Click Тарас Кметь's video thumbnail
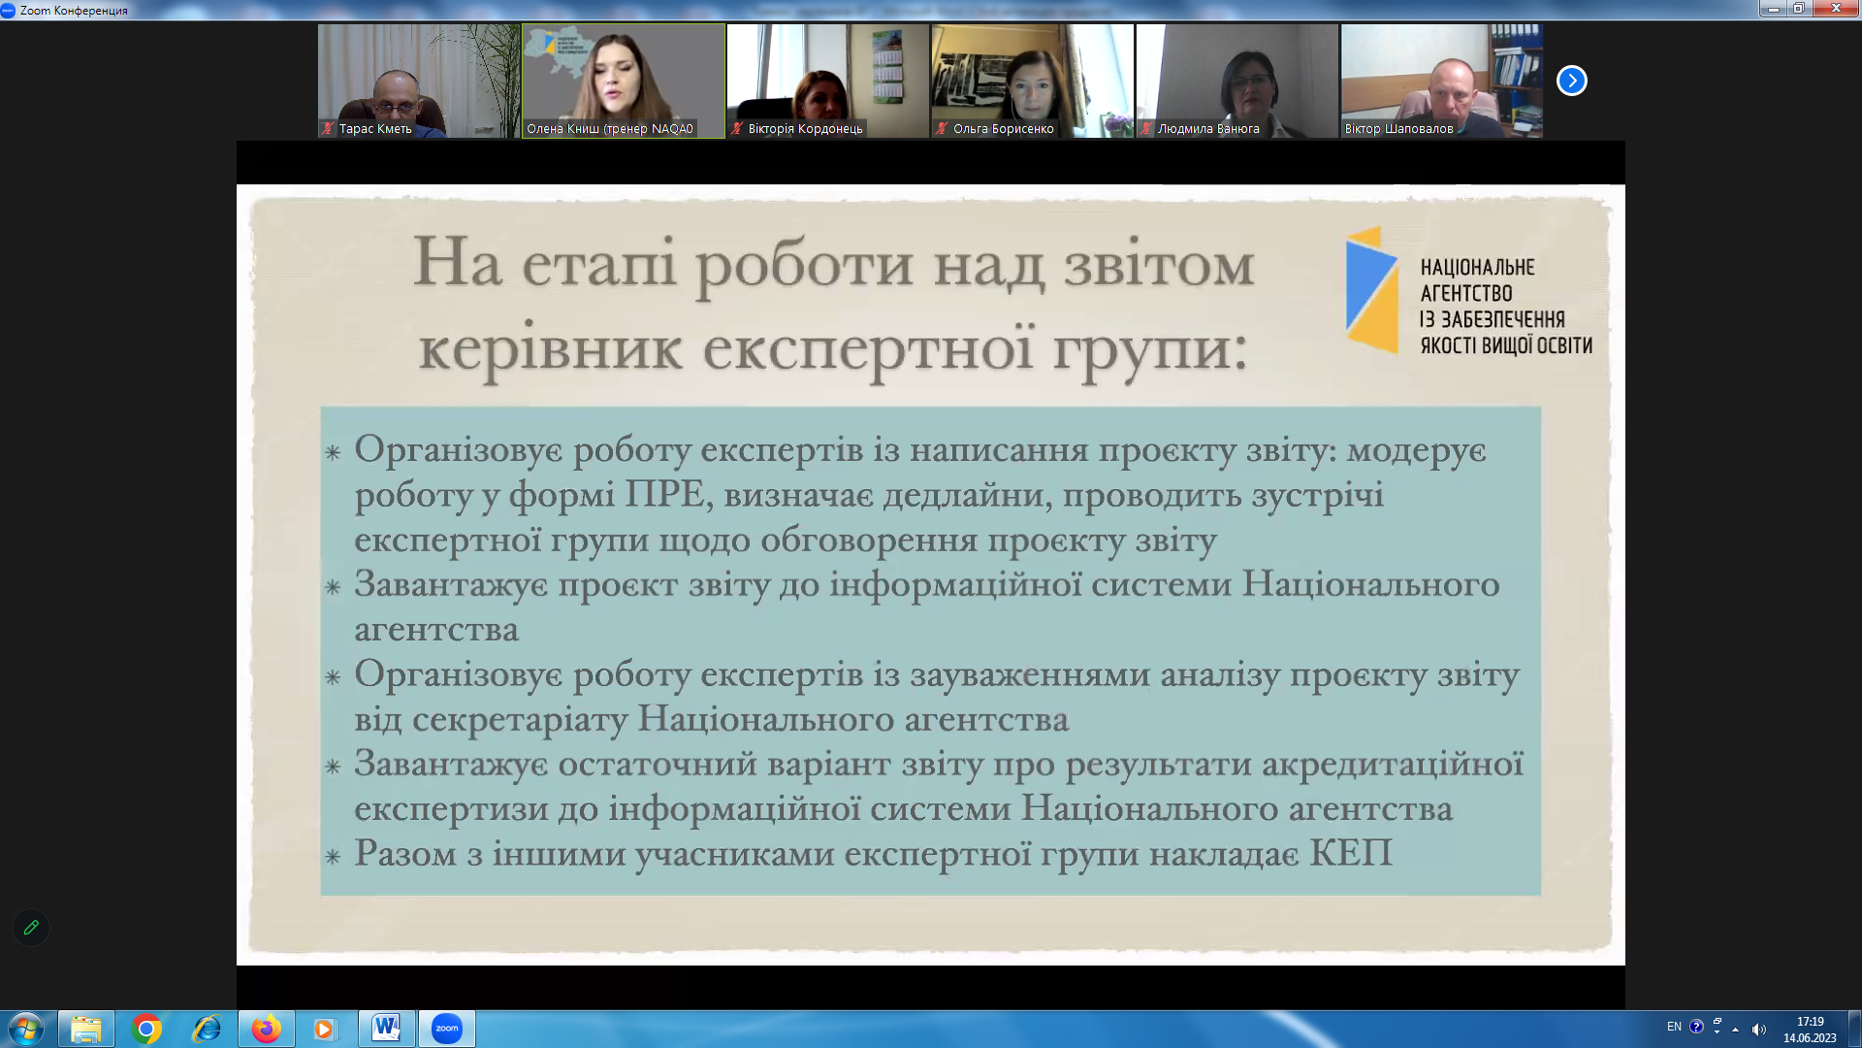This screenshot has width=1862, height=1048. [x=419, y=81]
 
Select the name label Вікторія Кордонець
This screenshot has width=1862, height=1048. [x=805, y=129]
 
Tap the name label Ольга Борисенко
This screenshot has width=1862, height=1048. [x=1003, y=129]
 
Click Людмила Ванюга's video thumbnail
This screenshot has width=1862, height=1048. [x=1236, y=81]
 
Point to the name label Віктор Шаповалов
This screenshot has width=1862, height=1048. [x=1398, y=129]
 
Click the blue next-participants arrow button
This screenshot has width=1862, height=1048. [x=1571, y=81]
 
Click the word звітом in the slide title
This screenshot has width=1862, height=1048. [x=1159, y=264]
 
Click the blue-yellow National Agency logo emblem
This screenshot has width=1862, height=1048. [x=1371, y=290]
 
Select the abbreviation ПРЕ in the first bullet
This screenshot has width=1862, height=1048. [x=664, y=495]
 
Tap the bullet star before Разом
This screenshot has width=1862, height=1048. [x=333, y=857]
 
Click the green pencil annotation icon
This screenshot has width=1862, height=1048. [x=31, y=928]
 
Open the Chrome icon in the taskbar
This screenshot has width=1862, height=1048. [x=146, y=1029]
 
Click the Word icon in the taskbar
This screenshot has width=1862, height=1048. [x=386, y=1028]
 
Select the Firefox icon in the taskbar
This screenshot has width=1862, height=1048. [x=266, y=1029]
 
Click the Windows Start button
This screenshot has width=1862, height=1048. [x=25, y=1029]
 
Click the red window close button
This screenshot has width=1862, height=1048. [x=1836, y=9]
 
